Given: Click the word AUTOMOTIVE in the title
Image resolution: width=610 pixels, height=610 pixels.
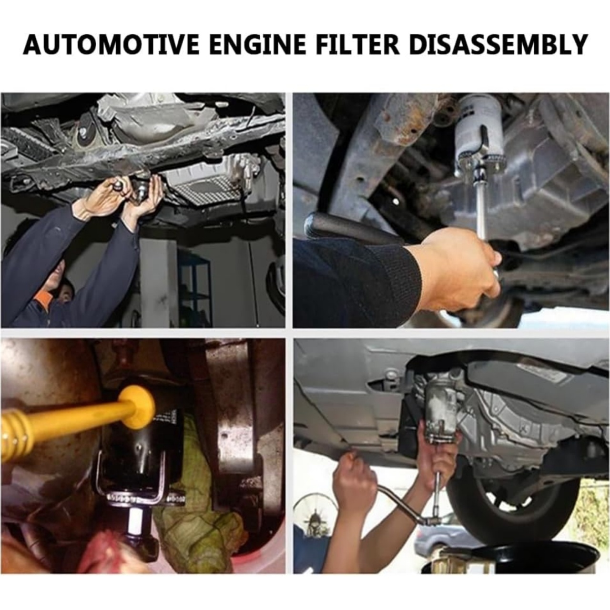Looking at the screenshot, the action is (x=110, y=45).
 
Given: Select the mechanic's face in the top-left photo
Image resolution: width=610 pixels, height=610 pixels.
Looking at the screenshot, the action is (x=60, y=283).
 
